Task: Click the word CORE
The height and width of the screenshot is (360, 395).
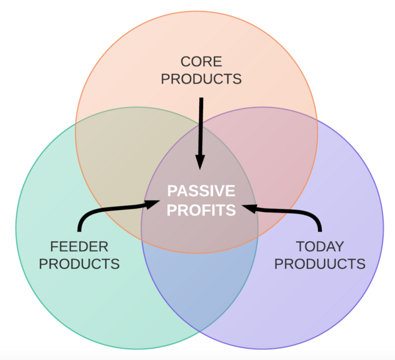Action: (201, 62)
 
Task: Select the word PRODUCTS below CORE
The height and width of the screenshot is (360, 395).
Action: (201, 79)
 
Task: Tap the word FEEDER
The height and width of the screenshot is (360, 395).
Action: (79, 246)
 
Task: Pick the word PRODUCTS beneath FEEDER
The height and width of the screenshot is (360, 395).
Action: (79, 264)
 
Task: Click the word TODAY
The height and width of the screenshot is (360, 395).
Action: (320, 246)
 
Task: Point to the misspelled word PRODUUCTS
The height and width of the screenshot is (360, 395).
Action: (320, 264)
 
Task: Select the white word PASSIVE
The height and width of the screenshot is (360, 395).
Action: (201, 191)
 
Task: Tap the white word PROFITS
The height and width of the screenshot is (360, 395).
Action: (201, 210)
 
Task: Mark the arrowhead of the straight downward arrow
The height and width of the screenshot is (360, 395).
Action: (200, 162)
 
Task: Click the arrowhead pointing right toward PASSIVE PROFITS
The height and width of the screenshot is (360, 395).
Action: (152, 204)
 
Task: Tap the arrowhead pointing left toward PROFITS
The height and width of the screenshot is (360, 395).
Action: (250, 208)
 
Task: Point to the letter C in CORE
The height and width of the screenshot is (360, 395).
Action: (186, 62)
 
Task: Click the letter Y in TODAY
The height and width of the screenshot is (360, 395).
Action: (339, 246)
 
